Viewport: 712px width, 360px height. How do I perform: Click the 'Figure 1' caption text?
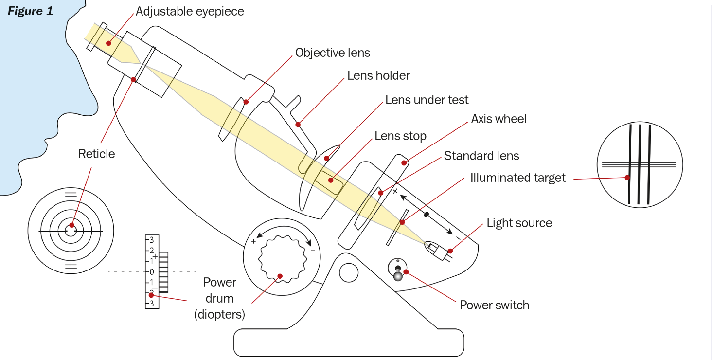point(30,11)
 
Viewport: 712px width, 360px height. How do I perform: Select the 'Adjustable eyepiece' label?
point(190,11)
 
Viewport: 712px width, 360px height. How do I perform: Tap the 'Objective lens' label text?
point(333,53)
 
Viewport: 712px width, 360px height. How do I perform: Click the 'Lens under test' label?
point(427,100)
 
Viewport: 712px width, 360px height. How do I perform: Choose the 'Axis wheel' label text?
point(498,119)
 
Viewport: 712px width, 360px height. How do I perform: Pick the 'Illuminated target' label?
point(517,178)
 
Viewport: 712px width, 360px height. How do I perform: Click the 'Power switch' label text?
point(494,306)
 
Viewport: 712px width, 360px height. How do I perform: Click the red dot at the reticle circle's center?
point(71,225)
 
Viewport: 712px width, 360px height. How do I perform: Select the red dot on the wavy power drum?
point(280,276)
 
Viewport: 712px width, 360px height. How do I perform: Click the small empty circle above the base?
point(349,272)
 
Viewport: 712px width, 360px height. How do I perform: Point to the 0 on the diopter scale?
point(151,271)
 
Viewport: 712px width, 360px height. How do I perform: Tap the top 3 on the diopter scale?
point(151,240)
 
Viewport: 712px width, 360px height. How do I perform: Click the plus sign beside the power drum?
point(253,241)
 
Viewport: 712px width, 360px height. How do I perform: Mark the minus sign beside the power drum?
point(313,250)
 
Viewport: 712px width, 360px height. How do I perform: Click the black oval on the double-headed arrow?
point(427,215)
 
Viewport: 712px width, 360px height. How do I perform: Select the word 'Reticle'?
point(96,154)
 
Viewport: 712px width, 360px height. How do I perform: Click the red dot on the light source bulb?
point(450,251)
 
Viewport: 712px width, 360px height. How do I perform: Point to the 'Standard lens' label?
point(481,156)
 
